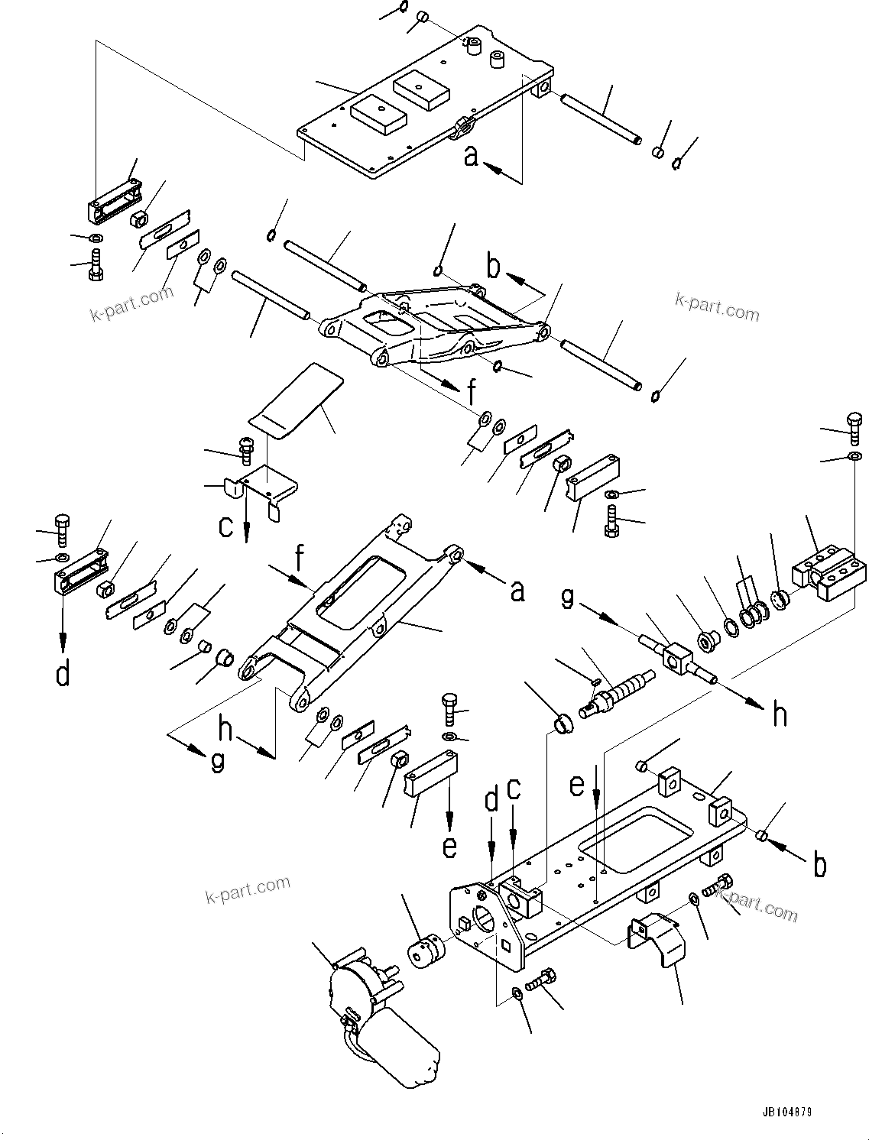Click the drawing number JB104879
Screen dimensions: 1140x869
coord(786,1111)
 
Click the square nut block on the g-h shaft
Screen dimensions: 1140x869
coord(676,657)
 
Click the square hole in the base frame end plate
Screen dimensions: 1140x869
coord(504,949)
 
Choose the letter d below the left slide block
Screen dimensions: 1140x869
coord(63,673)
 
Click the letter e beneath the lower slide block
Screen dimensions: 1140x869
coord(449,846)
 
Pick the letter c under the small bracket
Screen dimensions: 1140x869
coord(226,526)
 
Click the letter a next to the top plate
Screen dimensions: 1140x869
coord(472,156)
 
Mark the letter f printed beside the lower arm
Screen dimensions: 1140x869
coord(300,559)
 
